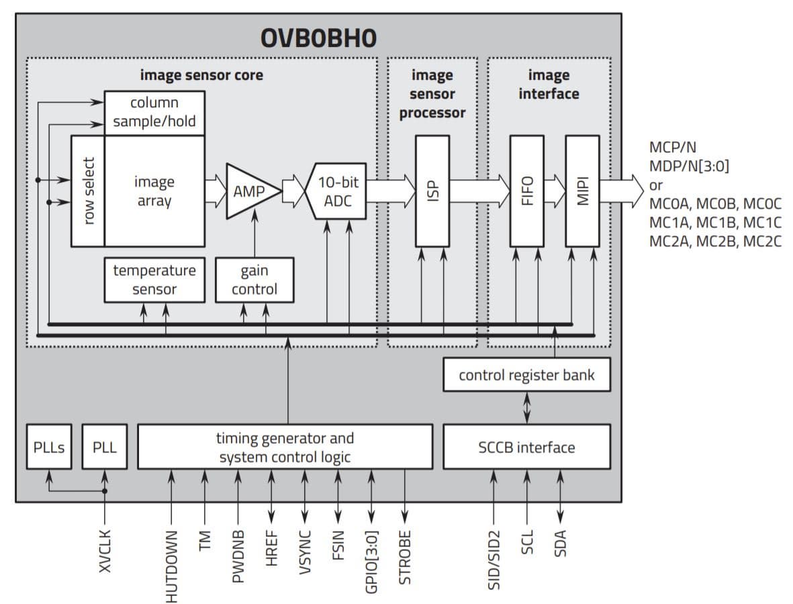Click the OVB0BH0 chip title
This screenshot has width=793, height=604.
[319, 38]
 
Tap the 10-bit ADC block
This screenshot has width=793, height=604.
[336, 191]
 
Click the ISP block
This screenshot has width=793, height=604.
[432, 191]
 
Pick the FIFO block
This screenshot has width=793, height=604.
[527, 191]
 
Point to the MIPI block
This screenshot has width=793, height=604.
[583, 191]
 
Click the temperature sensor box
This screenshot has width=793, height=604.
[154, 280]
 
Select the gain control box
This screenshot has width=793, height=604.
[254, 280]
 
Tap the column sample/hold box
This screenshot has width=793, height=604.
[154, 113]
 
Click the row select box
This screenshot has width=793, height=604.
[87, 191]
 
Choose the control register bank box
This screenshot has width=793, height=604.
[526, 374]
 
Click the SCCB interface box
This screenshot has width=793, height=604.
[526, 447]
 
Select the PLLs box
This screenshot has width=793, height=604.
[48, 447]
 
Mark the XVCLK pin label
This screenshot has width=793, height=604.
[105, 551]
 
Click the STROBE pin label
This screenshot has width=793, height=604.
[405, 557]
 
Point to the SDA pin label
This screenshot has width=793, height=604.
[561, 544]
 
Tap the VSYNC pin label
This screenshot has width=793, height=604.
[305, 552]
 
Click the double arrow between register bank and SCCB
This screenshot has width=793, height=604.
[527, 408]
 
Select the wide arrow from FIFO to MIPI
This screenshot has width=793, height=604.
[555, 191]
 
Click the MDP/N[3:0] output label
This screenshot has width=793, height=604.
[689, 166]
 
